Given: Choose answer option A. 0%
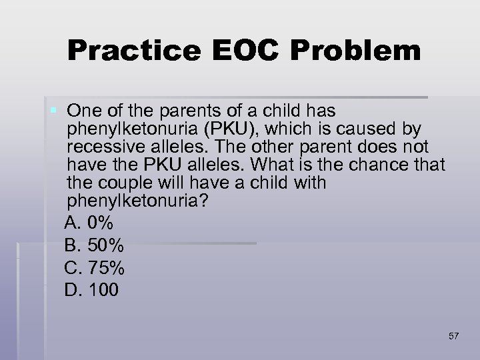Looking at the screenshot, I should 89,225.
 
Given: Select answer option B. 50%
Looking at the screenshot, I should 94,246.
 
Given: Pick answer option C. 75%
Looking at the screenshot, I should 95,268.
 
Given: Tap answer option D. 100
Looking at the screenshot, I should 92,289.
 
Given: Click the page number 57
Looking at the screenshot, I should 453,335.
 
